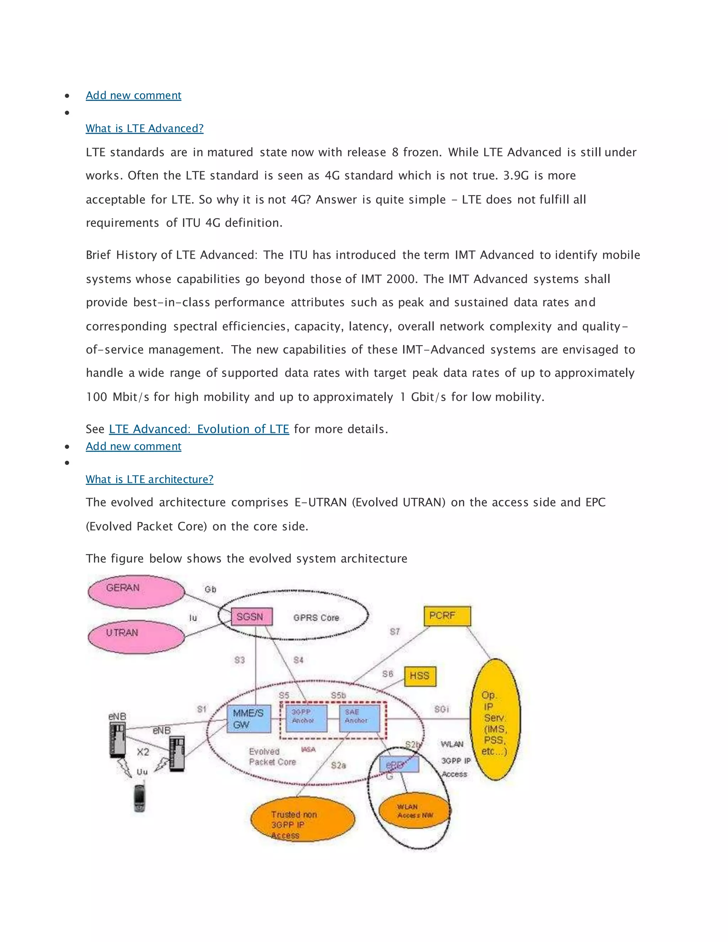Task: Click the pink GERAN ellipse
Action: click(135, 592)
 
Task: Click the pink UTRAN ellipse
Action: click(135, 637)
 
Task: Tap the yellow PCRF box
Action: click(447, 616)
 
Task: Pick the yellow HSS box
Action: click(420, 676)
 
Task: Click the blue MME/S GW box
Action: click(248, 718)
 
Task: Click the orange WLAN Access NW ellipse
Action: click(414, 811)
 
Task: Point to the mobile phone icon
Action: click(139, 798)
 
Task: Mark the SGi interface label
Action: click(441, 709)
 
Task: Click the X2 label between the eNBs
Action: click(143, 752)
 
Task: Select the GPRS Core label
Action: click(316, 618)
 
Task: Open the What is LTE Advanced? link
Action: click(144, 129)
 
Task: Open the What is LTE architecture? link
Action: click(149, 479)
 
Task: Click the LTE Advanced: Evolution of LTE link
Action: click(199, 429)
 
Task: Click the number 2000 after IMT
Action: click(401, 279)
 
